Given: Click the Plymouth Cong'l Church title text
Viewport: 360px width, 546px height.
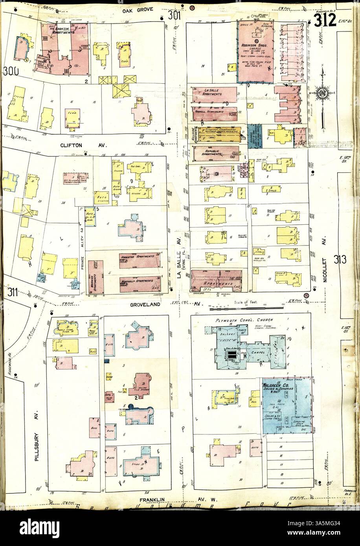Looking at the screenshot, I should [244, 321].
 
